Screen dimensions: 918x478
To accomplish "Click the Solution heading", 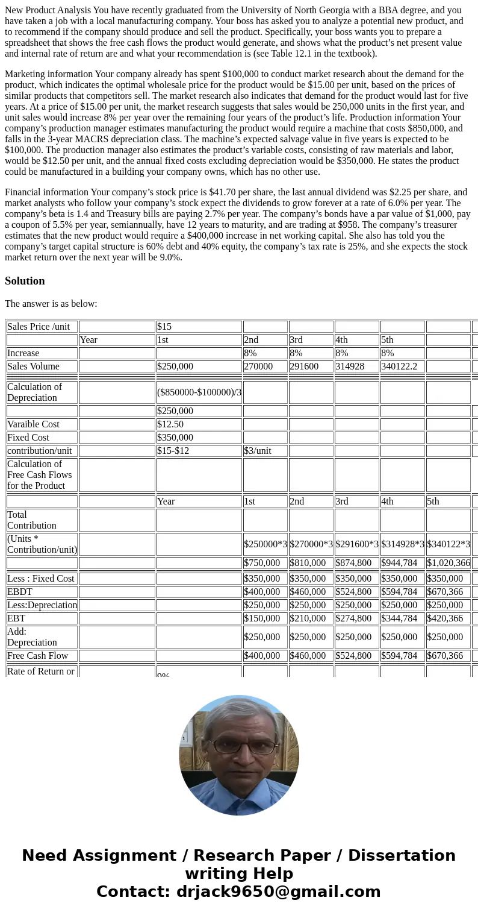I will point(25,281).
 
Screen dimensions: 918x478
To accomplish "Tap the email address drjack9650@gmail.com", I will point(278,891).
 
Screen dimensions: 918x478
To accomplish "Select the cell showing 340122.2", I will point(399,366).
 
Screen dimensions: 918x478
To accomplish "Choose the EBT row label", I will point(17,618).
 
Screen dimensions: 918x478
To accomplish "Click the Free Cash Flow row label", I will point(37,656).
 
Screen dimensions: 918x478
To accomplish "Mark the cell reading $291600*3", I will point(356,544).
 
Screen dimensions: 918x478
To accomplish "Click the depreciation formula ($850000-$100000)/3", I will point(199,392).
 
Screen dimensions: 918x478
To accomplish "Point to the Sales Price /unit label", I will point(39,327).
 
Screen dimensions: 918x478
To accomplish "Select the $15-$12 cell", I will point(173,451).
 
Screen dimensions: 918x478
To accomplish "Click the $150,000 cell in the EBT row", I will point(265,618).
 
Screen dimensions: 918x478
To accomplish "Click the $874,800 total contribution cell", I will point(356,563).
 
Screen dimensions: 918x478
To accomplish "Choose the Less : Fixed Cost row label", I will point(41,579).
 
